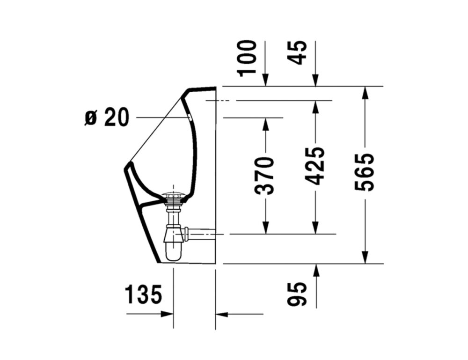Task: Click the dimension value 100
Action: (x=248, y=58)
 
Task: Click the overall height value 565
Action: (x=365, y=172)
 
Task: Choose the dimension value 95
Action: (x=297, y=294)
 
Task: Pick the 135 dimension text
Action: (x=143, y=294)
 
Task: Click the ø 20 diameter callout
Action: (x=107, y=117)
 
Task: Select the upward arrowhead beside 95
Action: (x=316, y=270)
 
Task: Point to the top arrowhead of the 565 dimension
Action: (x=365, y=93)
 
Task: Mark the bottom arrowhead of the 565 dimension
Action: (x=365, y=257)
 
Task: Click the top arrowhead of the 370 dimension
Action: (x=265, y=124)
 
